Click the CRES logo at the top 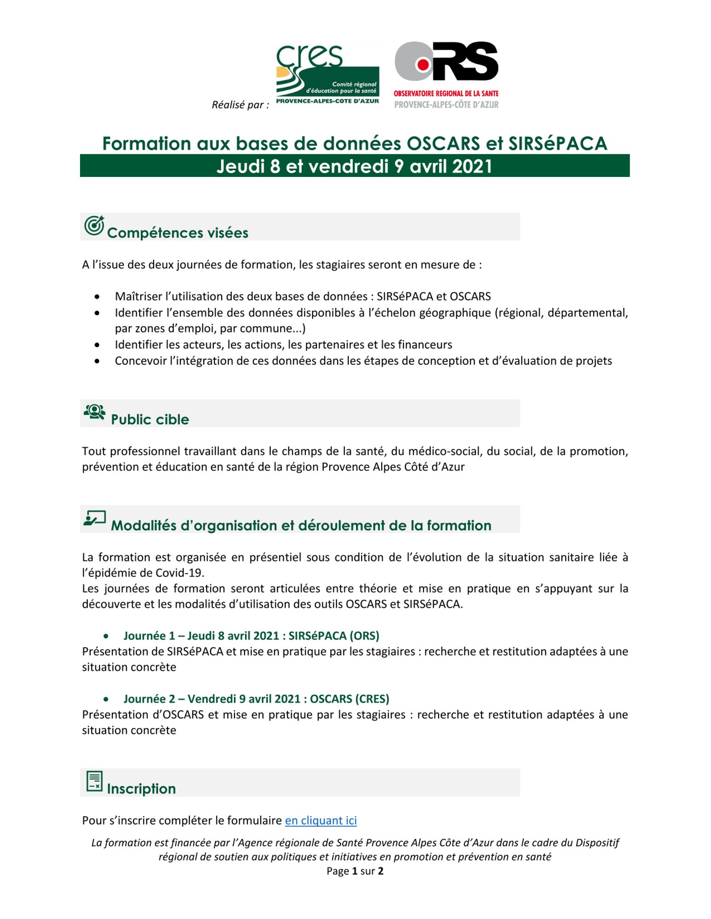pos(327,74)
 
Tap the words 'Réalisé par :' pos(240,105)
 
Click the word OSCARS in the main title pos(443,144)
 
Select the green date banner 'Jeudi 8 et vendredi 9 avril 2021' pos(354,166)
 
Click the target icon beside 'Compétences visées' pos(94,226)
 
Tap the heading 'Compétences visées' pos(178,233)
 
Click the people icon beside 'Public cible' pos(94,412)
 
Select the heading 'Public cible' pos(150,420)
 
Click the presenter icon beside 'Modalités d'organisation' pos(95,518)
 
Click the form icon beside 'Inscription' pos(94,781)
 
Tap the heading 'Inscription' pos(141,789)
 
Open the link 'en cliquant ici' pos(321,821)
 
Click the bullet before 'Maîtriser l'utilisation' pos(97,297)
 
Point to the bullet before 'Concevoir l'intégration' pos(97,361)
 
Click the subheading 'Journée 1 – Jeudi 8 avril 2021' pos(251,636)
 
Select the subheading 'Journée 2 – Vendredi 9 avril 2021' pos(256,699)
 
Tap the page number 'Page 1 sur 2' pos(355,871)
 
